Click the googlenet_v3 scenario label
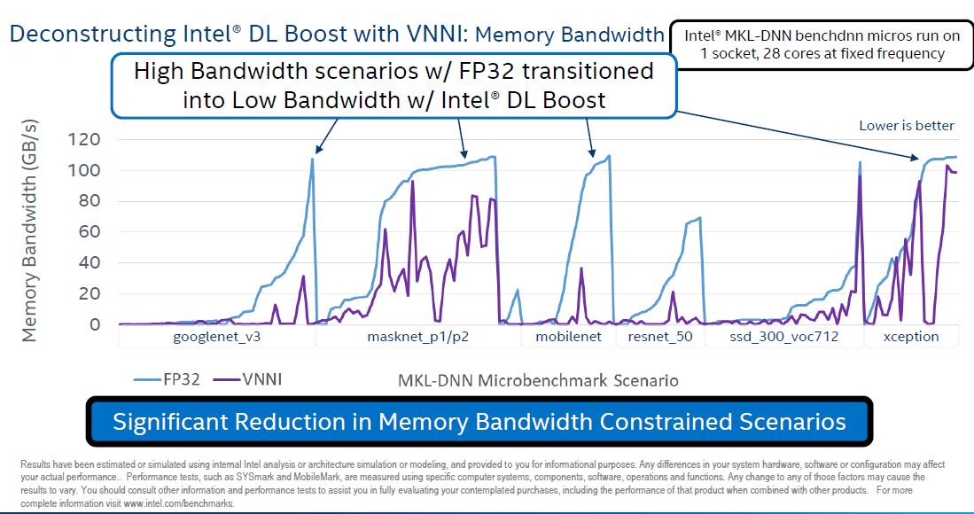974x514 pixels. pyautogui.click(x=216, y=337)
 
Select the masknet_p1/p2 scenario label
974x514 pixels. pyautogui.click(x=418, y=337)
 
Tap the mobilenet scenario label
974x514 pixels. pyautogui.click(x=568, y=337)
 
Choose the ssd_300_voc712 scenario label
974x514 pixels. pyautogui.click(x=783, y=337)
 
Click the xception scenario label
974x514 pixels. pyautogui.click(x=910, y=337)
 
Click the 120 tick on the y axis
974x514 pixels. pyautogui.click(x=86, y=139)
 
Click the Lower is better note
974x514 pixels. pyautogui.click(x=907, y=126)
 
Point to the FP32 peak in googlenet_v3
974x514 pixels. pyautogui.click(x=312, y=159)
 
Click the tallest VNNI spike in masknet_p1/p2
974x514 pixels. pyautogui.click(x=412, y=182)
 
